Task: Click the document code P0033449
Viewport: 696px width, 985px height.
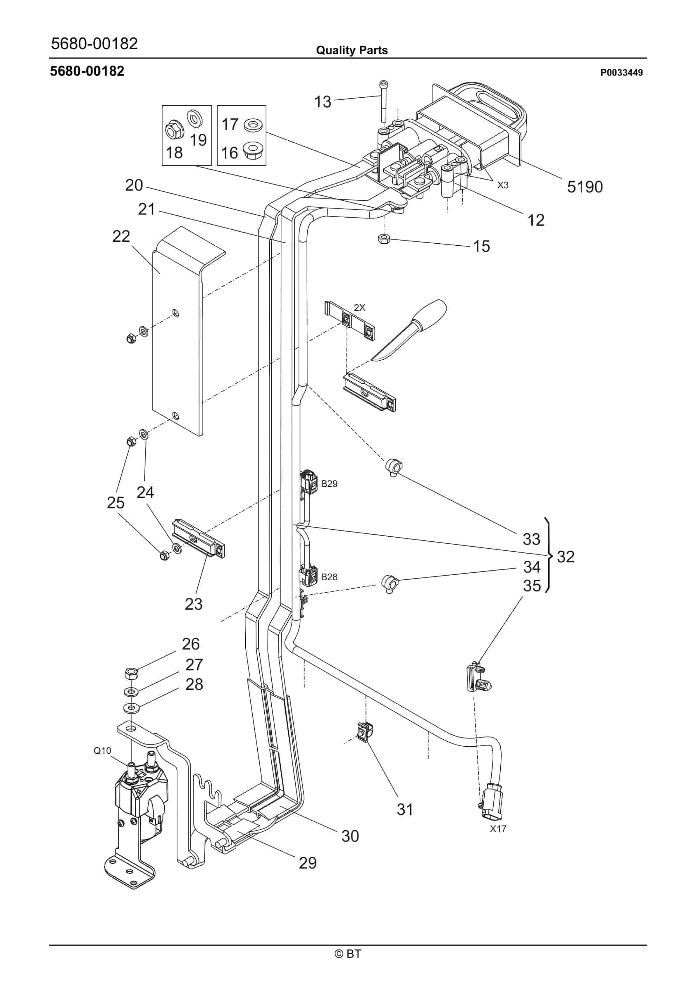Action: (621, 73)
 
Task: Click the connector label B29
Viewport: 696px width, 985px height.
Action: (329, 484)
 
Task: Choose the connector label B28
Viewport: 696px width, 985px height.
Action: (329, 577)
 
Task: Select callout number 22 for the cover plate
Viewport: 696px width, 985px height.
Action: (121, 236)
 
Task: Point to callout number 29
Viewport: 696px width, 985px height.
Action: (308, 863)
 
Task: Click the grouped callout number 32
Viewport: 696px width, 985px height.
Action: (566, 557)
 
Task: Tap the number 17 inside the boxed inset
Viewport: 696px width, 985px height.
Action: (230, 124)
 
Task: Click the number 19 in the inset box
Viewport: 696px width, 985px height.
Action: (198, 140)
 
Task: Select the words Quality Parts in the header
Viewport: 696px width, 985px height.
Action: (352, 50)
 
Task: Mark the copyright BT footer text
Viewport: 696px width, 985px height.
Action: (348, 954)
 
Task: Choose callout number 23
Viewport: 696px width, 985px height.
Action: (194, 605)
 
